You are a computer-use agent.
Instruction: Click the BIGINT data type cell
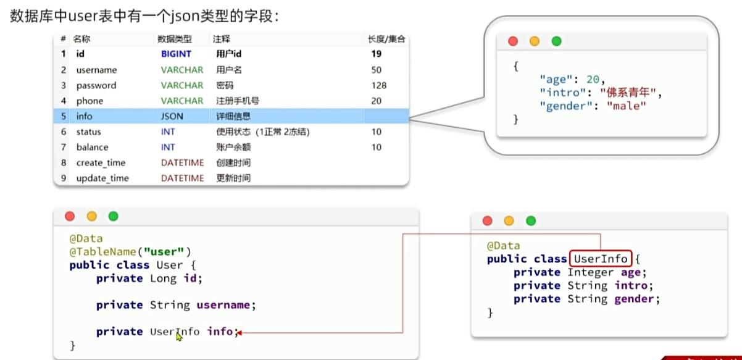click(x=176, y=54)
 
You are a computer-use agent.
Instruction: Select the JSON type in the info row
click(x=172, y=116)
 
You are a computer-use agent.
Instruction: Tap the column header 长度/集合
click(x=386, y=39)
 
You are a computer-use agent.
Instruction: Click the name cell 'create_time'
click(x=101, y=163)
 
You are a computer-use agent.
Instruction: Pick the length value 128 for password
click(x=379, y=85)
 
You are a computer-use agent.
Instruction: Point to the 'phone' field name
click(x=90, y=101)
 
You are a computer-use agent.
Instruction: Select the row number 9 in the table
click(x=64, y=178)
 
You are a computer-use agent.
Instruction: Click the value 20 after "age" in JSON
click(x=593, y=79)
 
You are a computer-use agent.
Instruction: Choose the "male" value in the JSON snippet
click(x=626, y=106)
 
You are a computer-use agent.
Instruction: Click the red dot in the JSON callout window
click(x=512, y=41)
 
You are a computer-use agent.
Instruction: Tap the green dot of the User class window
click(x=113, y=216)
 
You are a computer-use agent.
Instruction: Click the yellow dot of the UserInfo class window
click(x=509, y=220)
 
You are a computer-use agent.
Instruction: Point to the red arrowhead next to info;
click(x=240, y=332)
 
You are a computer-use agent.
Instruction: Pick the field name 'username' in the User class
click(x=223, y=304)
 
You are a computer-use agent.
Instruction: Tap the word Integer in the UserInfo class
click(x=590, y=272)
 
